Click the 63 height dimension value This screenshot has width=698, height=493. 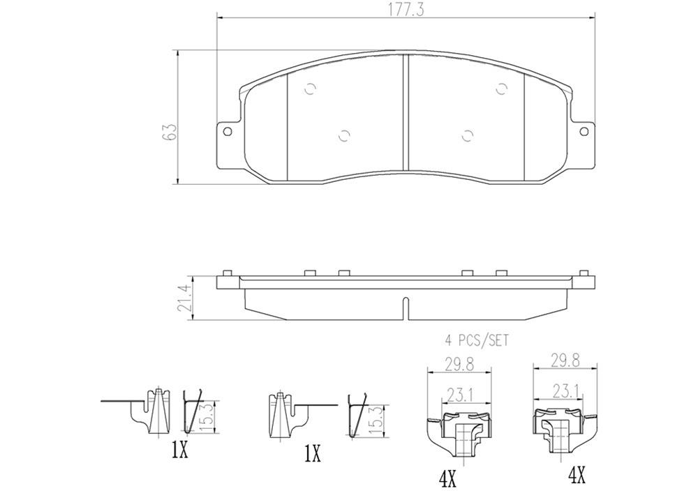(169, 132)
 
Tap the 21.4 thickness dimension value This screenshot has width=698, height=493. (184, 298)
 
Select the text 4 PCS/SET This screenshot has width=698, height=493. (477, 341)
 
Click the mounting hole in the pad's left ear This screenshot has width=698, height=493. (227, 132)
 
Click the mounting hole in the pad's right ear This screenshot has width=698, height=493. (585, 132)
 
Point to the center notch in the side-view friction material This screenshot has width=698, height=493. (406, 306)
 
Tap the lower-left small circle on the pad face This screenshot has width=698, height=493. (343, 136)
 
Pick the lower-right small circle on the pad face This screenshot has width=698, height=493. (468, 136)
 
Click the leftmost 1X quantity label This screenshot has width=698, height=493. (179, 452)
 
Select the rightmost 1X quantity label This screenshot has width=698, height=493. (311, 455)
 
